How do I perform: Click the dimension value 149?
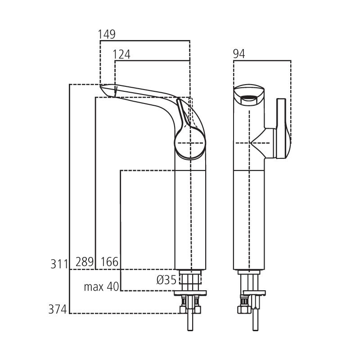[x=107, y=34]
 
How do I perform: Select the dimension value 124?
[x=121, y=54]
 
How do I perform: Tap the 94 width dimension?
[x=239, y=54]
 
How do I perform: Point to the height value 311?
[x=58, y=263]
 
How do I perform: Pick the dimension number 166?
[x=109, y=261]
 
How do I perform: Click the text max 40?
[x=101, y=287]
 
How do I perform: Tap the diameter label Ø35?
[x=166, y=280]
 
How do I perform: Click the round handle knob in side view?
[x=190, y=143]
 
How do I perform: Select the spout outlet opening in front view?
[x=249, y=96]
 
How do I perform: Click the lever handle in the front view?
[x=283, y=128]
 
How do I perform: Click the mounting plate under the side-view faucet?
[x=190, y=293]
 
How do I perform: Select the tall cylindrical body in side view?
[x=190, y=216]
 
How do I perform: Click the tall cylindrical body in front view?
[x=249, y=216]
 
